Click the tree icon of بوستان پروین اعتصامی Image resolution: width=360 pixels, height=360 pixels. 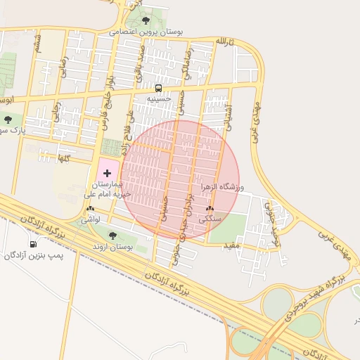click(146, 20)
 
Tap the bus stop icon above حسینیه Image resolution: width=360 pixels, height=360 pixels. click(158, 89)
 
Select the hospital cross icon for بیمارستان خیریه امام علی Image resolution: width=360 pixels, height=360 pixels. click(107, 172)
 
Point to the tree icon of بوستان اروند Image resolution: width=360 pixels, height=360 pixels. click(113, 236)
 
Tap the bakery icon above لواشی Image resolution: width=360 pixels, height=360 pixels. click(90, 209)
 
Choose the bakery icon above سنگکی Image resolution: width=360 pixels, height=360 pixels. click(210, 209)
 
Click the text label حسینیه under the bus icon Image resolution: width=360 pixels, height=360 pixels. click(158, 100)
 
